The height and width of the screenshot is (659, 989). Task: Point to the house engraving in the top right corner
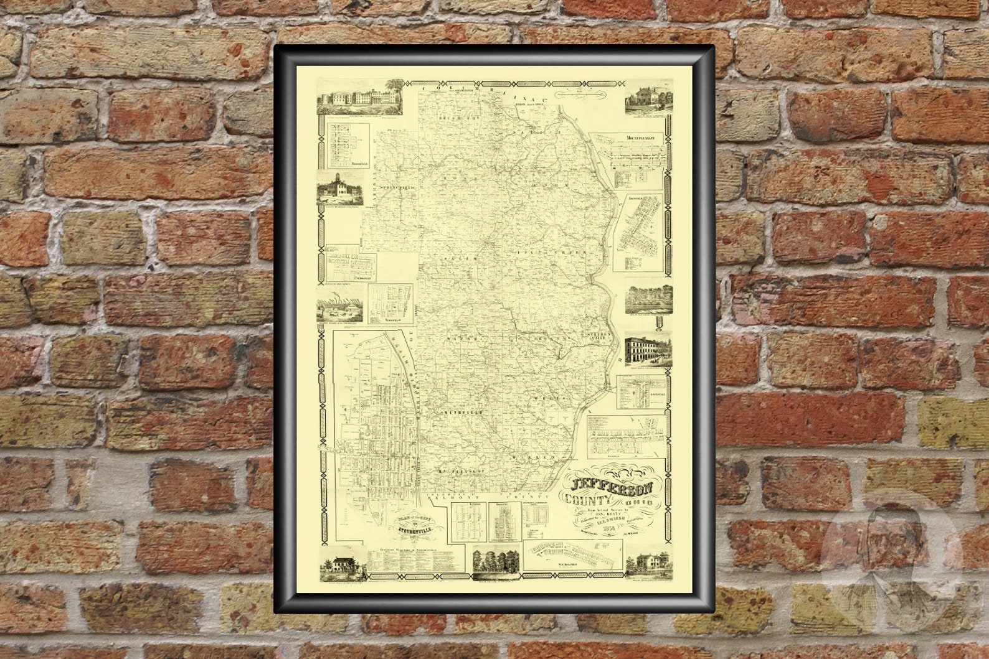coord(648,96)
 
